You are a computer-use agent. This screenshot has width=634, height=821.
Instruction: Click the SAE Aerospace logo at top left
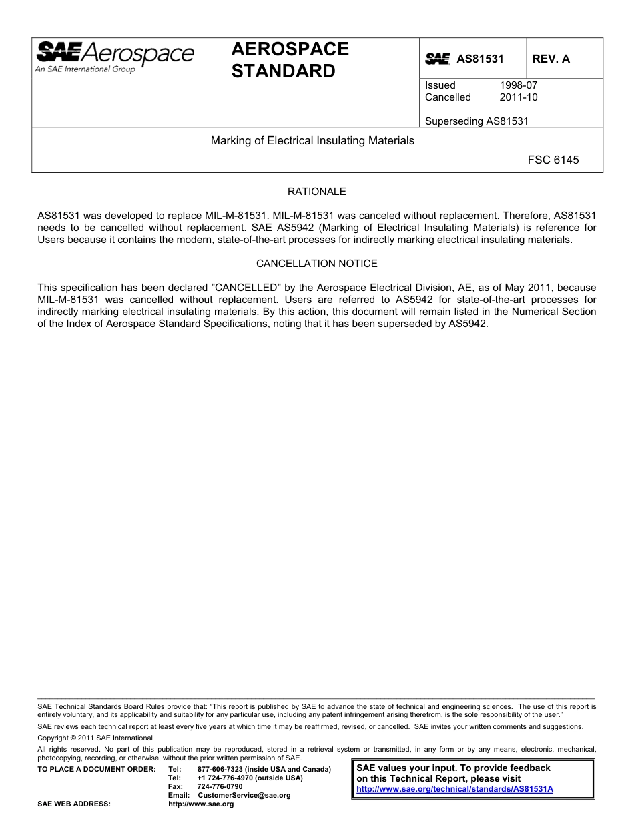[x=115, y=56]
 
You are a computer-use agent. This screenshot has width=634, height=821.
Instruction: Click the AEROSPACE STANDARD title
[x=290, y=60]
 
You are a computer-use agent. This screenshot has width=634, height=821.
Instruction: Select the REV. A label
[x=551, y=59]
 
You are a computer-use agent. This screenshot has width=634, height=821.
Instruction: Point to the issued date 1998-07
[x=518, y=85]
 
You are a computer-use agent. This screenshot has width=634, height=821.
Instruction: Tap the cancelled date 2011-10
[x=518, y=97]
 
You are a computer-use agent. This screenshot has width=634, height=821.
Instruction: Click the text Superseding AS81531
[x=477, y=121]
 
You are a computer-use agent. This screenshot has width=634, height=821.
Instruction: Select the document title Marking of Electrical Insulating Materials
[x=312, y=141]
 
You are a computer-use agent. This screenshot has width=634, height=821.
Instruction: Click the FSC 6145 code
[x=553, y=160]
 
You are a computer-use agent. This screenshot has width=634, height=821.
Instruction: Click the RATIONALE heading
[x=316, y=192]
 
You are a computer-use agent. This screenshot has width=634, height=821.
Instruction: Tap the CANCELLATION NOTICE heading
[x=316, y=264]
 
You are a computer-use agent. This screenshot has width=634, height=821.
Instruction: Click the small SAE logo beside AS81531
[x=438, y=59]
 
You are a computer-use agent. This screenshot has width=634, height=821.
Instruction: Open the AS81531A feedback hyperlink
[x=455, y=788]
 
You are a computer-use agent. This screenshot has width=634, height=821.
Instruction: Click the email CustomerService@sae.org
[x=244, y=795]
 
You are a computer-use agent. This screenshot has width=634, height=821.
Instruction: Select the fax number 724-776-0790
[x=220, y=786]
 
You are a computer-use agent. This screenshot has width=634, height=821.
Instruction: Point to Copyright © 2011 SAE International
[x=95, y=738]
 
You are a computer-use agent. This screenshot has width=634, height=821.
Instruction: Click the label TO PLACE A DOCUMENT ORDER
[x=96, y=769]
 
